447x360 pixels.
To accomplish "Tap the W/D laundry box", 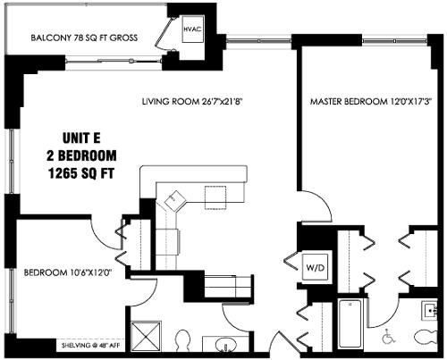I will tap(315, 266).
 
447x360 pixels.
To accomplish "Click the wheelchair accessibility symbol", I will tap(388, 338).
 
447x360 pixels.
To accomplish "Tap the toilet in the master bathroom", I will tap(426, 336).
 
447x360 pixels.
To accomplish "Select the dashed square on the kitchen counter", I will tap(216, 195).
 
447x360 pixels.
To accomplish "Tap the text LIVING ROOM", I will tap(170, 101).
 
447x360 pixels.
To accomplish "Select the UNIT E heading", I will tap(81, 138).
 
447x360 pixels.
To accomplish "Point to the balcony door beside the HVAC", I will tap(164, 39).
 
